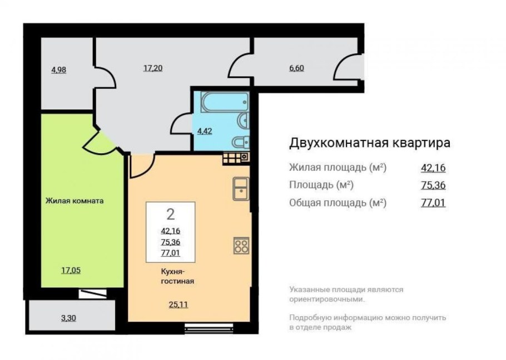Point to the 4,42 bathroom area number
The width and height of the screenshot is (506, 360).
205,132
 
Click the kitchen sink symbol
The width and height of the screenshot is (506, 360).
241,188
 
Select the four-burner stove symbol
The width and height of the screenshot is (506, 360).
241,245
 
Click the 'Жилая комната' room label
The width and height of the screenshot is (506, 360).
75,201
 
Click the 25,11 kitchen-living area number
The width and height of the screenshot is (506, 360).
177,303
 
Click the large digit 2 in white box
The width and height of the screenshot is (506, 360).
170,214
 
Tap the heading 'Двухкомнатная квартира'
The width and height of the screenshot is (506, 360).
369,142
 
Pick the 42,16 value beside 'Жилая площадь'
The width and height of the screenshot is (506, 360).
433,167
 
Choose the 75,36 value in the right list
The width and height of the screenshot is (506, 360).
433,185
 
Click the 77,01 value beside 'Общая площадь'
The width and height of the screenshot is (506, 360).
433,203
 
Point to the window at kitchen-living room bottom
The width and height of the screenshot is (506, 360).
201,328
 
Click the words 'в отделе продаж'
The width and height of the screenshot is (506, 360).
320,328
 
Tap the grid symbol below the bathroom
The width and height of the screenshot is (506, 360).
235,157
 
